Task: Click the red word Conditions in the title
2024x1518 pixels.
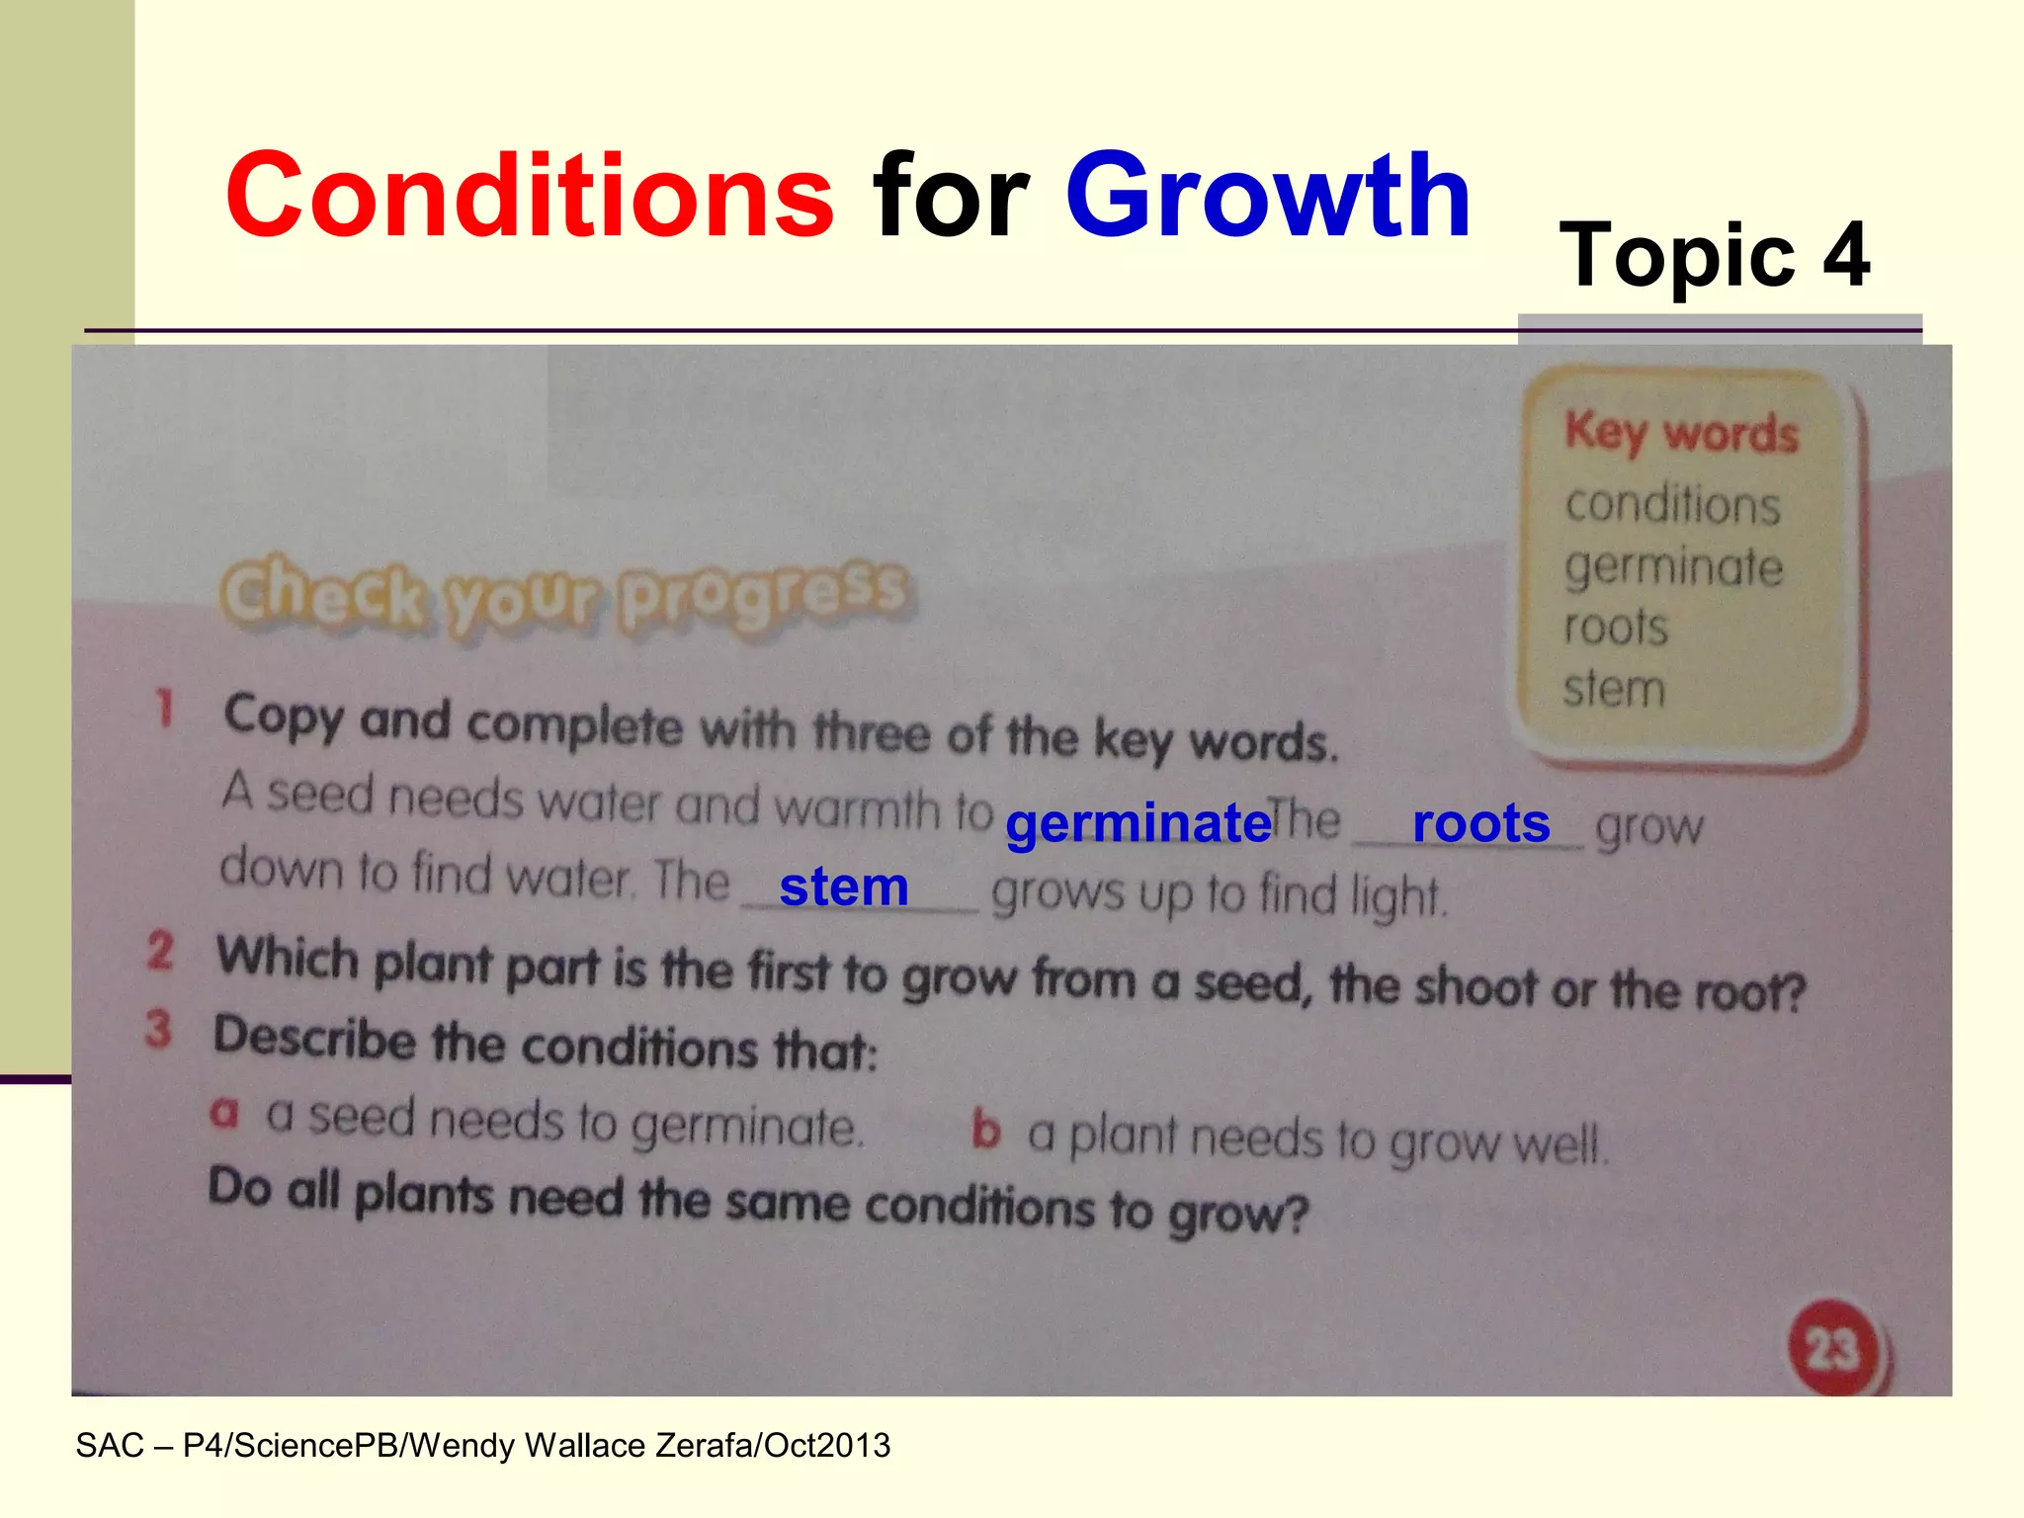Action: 530,196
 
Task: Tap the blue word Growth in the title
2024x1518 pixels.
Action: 1267,196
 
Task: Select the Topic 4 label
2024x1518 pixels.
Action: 1714,255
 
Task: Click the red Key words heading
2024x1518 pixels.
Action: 1681,433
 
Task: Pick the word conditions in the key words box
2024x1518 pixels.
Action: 1672,505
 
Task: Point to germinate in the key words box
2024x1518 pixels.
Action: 1673,567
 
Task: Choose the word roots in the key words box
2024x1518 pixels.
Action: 1616,628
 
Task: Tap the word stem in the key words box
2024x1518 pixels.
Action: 1614,689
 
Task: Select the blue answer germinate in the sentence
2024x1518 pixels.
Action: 1138,822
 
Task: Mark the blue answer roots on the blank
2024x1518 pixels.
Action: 1480,822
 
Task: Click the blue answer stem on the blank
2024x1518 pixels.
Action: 843,886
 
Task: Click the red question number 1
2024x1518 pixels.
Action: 164,709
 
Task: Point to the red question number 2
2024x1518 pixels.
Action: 160,951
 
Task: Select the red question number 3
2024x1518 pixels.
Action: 158,1028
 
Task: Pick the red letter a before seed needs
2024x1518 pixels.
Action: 224,1113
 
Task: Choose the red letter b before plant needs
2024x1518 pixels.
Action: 985,1130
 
